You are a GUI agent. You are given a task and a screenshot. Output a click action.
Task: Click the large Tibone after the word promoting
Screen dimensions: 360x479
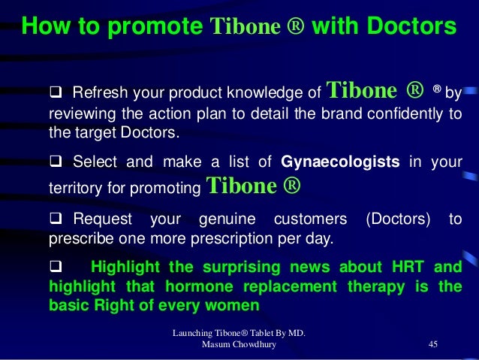point(239,183)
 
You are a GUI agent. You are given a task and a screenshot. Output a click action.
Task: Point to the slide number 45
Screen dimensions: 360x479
point(432,343)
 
